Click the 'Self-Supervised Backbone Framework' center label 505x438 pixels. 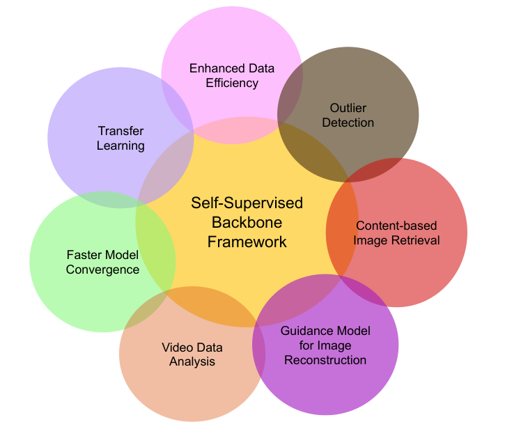tap(247, 222)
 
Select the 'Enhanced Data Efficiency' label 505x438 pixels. tap(232, 76)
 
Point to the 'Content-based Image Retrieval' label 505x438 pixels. tap(397, 233)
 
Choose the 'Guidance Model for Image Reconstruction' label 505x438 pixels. tap(325, 345)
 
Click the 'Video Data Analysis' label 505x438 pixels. tap(192, 354)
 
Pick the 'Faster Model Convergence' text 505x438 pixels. tap(102, 261)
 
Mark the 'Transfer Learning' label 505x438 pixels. tap(121, 138)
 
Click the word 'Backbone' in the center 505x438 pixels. tap(247, 222)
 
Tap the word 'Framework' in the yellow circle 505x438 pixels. tap(247, 242)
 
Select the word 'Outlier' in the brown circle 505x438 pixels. tap(348, 108)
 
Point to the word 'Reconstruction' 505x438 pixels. tap(325, 360)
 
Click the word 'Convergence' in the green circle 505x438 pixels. tap(102, 269)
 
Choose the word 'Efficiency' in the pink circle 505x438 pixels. tap(232, 84)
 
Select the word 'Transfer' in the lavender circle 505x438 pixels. tap(121, 130)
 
